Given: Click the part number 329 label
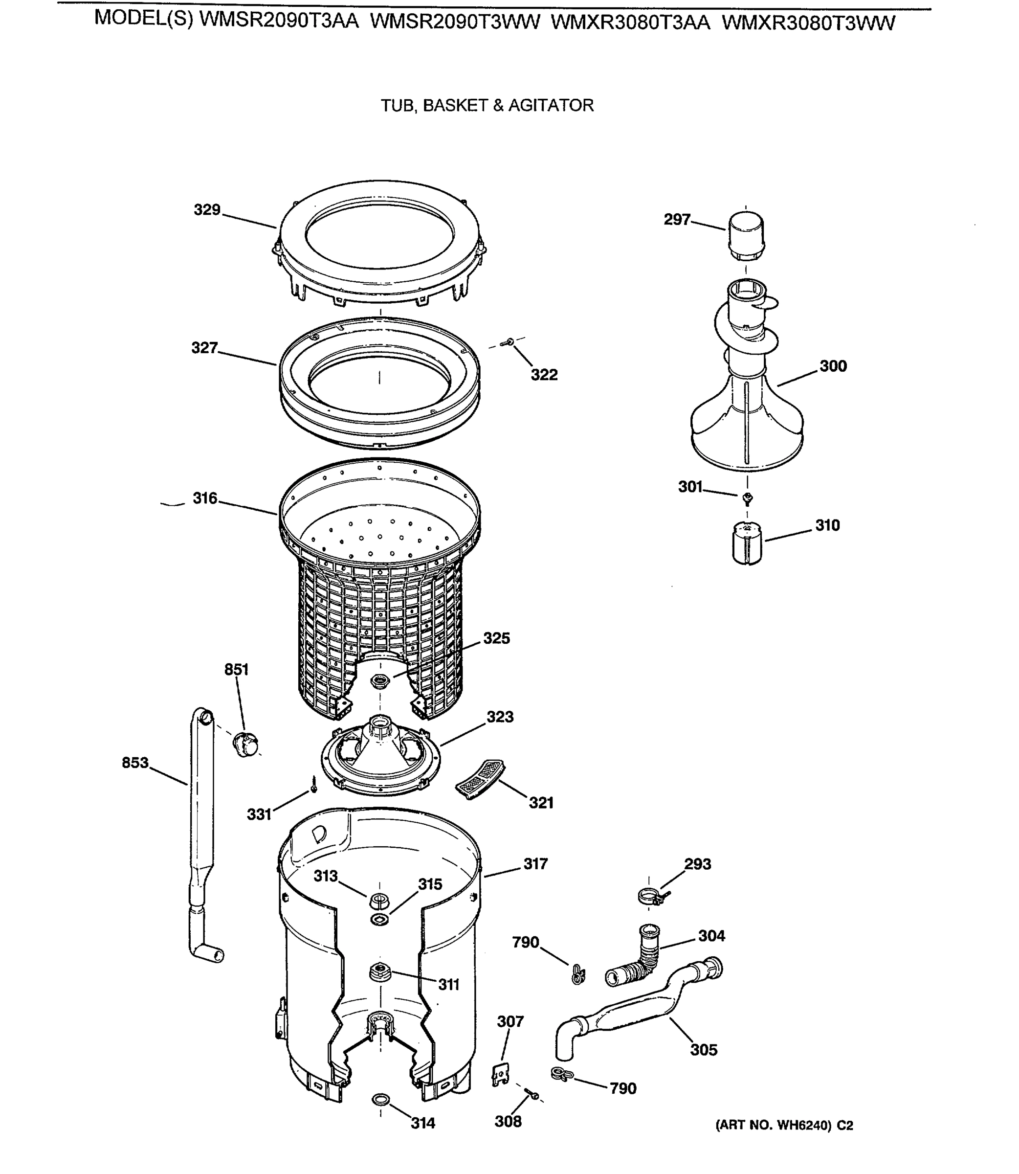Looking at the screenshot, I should coord(207,210).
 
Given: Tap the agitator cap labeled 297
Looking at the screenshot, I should coord(746,235).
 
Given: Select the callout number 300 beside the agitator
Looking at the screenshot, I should coord(833,366).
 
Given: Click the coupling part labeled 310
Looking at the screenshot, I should coord(747,543).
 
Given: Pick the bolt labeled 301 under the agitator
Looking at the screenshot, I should coord(748,498).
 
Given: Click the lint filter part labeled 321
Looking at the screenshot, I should coord(481,779).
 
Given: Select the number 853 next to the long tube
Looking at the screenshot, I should coord(135,763).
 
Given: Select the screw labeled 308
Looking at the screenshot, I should coord(533,1094).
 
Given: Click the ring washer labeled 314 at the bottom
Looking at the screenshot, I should coord(380,1099).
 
